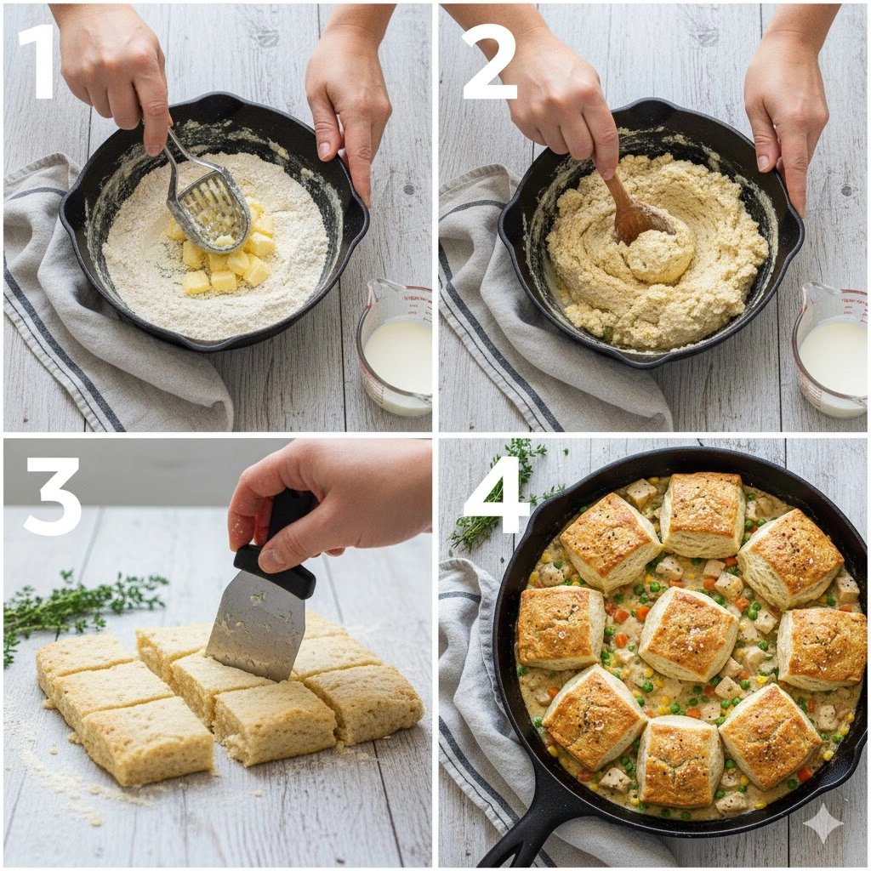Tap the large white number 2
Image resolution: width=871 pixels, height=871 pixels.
[488, 62]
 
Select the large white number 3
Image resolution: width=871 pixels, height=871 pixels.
[53, 496]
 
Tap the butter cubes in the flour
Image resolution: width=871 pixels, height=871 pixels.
[225, 255]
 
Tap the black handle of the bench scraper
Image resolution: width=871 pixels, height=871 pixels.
[278, 550]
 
